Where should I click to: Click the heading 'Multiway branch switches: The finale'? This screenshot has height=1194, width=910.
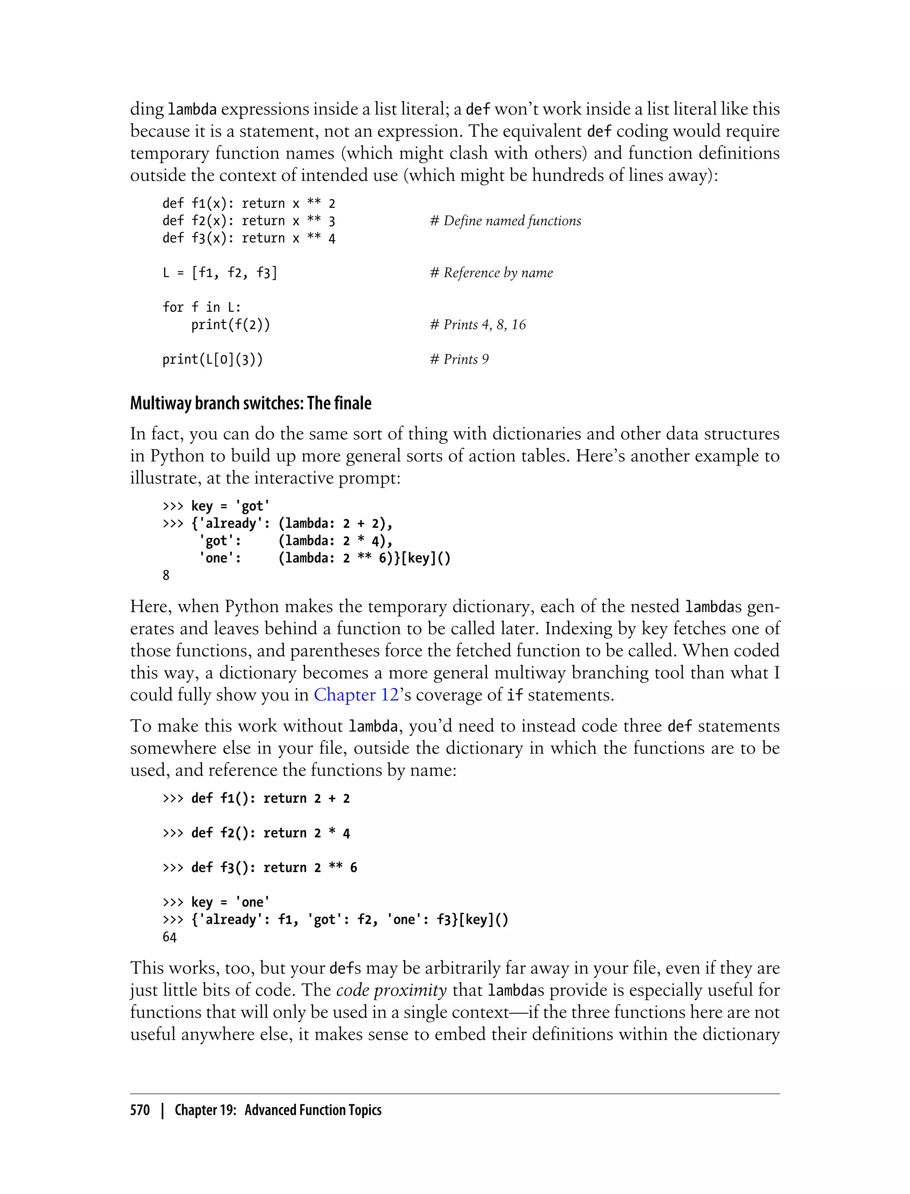click(250, 403)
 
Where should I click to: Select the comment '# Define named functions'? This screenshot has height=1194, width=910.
click(505, 221)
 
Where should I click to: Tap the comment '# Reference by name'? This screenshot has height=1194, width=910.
click(491, 273)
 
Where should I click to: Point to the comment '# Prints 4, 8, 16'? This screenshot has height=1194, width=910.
click(478, 325)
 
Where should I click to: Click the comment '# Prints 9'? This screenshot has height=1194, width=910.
click(459, 359)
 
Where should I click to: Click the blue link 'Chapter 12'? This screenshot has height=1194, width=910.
click(356, 695)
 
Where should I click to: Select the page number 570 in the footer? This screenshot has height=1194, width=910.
click(140, 1110)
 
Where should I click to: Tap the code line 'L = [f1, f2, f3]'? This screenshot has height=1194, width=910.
click(220, 273)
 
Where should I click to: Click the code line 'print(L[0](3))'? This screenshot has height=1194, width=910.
click(212, 359)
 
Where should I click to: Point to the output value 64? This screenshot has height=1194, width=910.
click(170, 937)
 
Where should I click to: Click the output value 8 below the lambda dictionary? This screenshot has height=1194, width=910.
click(166, 576)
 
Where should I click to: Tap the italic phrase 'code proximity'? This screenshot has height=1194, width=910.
click(391, 991)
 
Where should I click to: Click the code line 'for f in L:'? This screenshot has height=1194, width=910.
click(201, 307)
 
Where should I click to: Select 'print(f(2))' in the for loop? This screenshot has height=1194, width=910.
click(230, 325)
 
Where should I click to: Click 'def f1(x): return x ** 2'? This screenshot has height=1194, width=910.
click(249, 203)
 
